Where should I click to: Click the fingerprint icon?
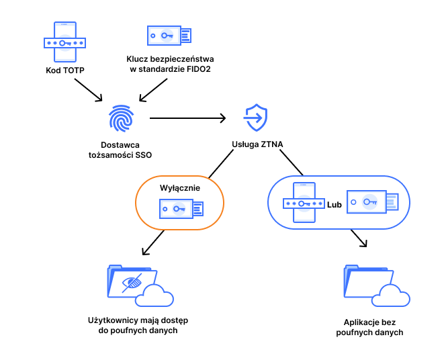pos(122,118)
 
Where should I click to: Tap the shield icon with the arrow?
pos(255,118)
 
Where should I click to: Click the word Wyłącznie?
pos(179,188)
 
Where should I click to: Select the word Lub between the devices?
pos(334,204)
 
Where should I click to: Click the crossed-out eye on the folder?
pos(132,283)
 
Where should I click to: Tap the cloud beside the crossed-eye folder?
pos(154,296)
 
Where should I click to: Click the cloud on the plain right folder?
pos(391,296)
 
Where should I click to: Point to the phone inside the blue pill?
pos(304,203)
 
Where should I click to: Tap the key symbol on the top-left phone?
pos(64,42)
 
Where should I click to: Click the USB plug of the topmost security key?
pos(186,36)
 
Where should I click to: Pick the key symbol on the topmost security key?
pos(167,36)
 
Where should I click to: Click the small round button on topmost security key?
pos(153,36)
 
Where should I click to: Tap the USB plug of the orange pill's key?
pos(198,210)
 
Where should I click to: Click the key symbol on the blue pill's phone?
pos(304,204)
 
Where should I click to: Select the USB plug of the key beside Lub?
pos(392,201)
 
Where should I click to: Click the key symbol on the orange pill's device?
pos(178,209)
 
